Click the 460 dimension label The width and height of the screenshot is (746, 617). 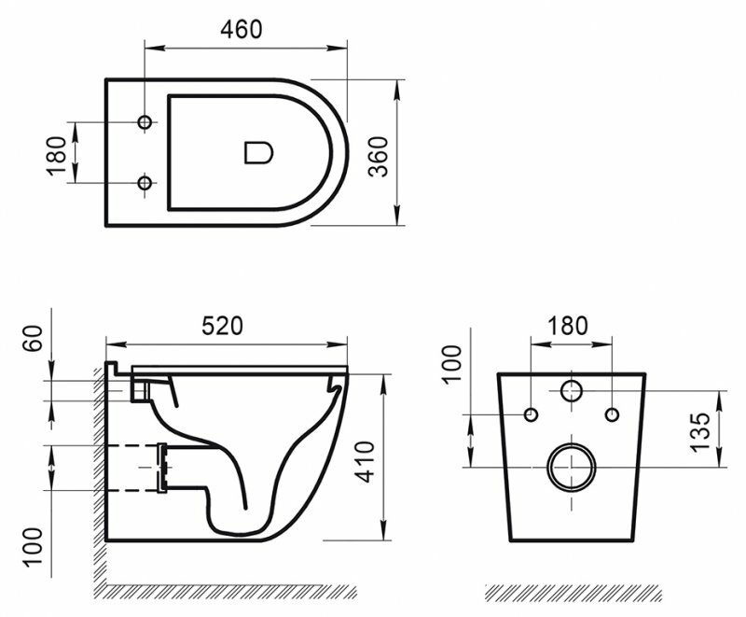pos(241,30)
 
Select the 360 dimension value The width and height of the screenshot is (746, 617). pos(380,157)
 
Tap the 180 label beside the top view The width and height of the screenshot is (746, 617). pos(57,156)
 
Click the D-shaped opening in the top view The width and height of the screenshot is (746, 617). pos(258,153)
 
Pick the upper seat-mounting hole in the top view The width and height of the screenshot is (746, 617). pos(145,122)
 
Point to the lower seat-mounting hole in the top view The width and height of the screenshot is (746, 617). pos(145,182)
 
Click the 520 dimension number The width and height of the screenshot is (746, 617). pos(222,326)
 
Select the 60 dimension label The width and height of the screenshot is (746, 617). pos(33,338)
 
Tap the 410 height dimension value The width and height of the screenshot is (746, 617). pos(366,462)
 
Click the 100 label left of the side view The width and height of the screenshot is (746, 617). pos(34,546)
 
